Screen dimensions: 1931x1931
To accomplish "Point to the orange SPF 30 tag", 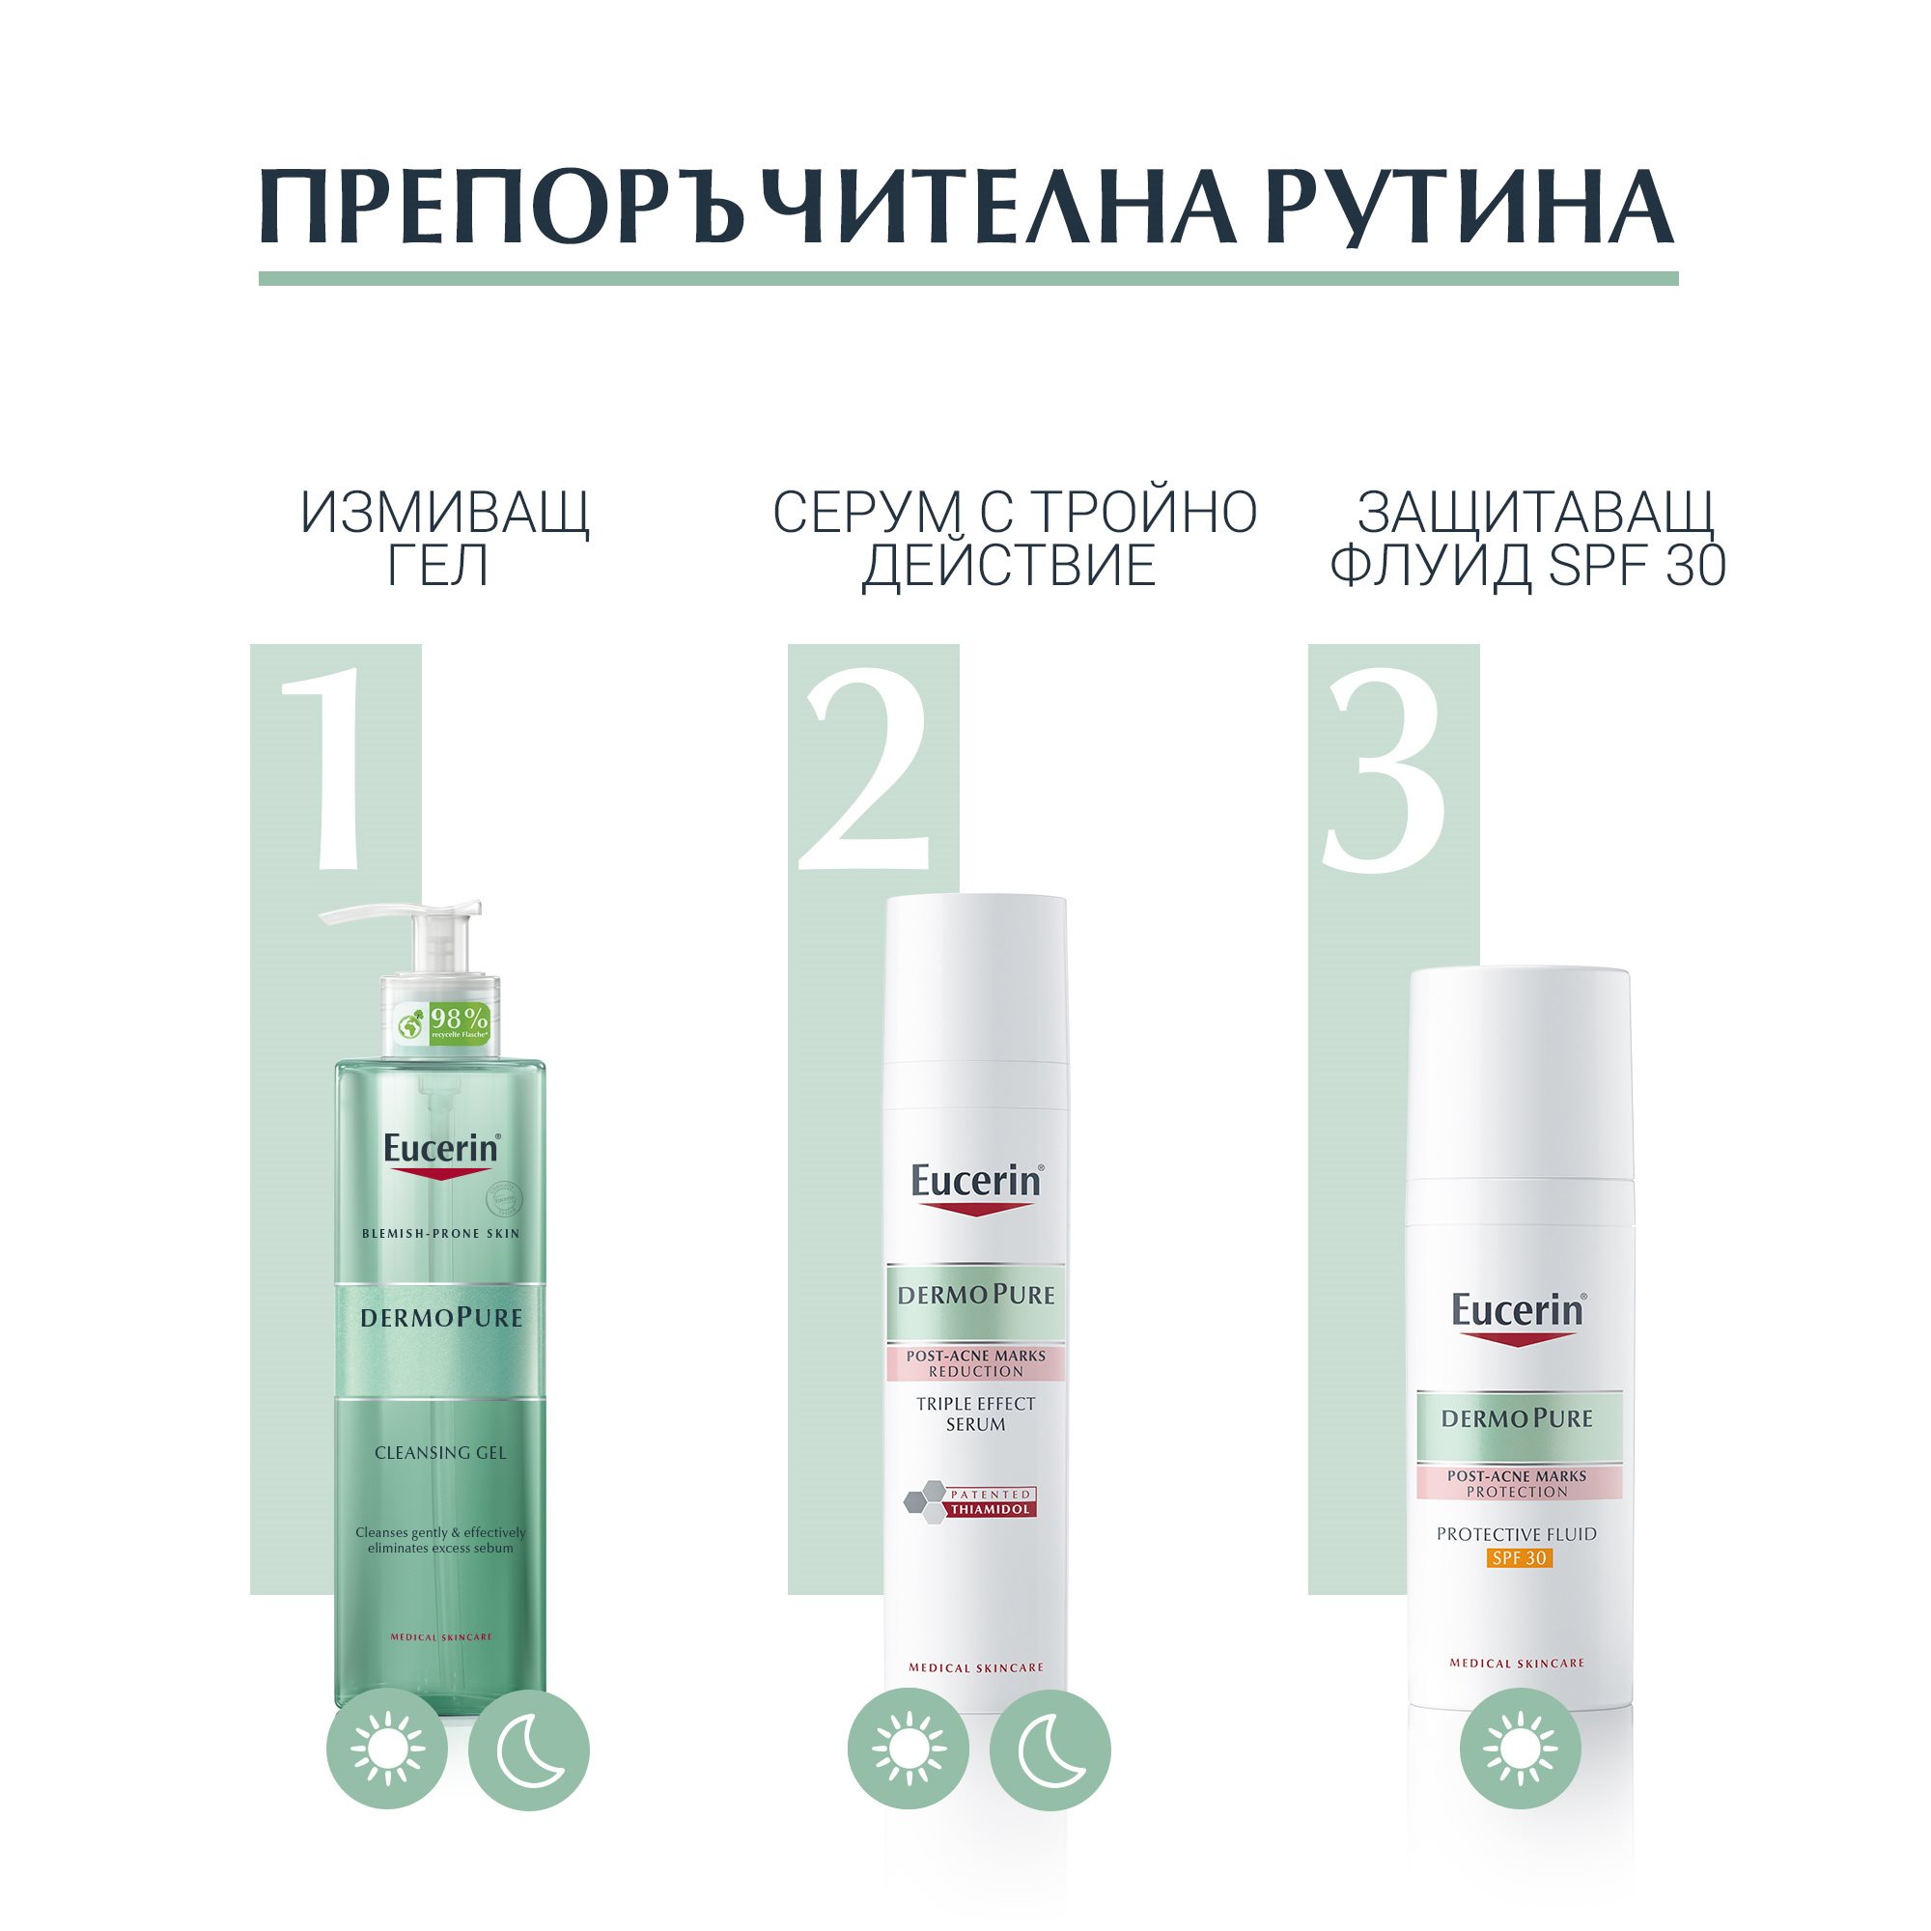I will pyautogui.click(x=1518, y=1557).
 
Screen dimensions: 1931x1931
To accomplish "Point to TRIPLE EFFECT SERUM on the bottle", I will pyautogui.click(x=975, y=1413).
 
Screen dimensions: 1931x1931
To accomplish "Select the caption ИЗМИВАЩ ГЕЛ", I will pyautogui.click(x=444, y=538).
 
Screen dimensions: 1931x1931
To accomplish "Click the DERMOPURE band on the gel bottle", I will pyautogui.click(x=441, y=1317).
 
